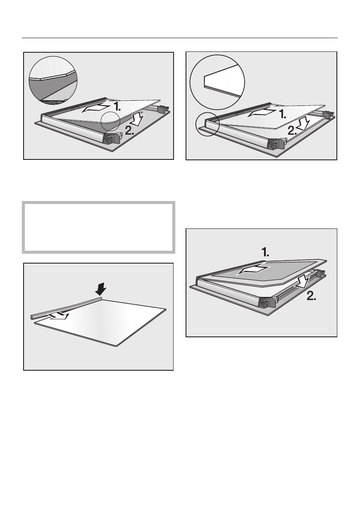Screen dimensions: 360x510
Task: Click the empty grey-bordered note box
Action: (99, 227)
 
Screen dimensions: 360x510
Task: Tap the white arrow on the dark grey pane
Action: (255, 270)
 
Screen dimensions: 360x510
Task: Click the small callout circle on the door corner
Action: (207, 125)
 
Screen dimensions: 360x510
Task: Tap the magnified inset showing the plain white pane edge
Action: (217, 82)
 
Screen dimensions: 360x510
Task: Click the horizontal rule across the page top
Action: (180, 38)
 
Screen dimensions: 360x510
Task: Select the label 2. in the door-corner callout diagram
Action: (291, 130)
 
